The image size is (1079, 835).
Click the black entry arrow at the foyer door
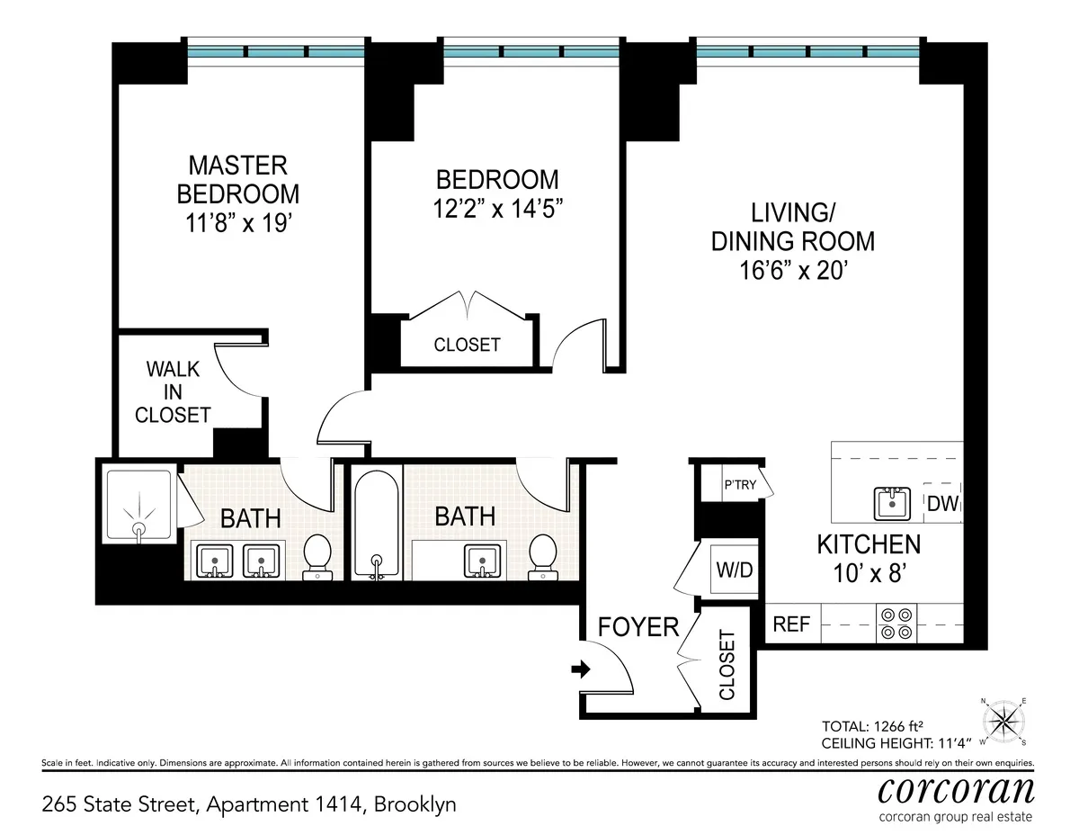(581, 669)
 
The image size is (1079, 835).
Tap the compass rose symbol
(1005, 720)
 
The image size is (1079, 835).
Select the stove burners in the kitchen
(896, 624)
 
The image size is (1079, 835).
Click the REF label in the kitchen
(791, 624)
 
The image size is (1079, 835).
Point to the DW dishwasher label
(941, 504)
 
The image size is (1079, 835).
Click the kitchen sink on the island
(895, 504)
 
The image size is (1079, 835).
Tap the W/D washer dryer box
(733, 570)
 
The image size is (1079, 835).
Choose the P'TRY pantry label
(740, 484)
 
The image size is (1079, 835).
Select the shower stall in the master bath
(138, 506)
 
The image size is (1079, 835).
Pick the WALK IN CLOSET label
(173, 392)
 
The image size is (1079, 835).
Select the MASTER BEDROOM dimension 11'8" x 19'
(237, 222)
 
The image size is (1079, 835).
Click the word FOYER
(638, 626)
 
